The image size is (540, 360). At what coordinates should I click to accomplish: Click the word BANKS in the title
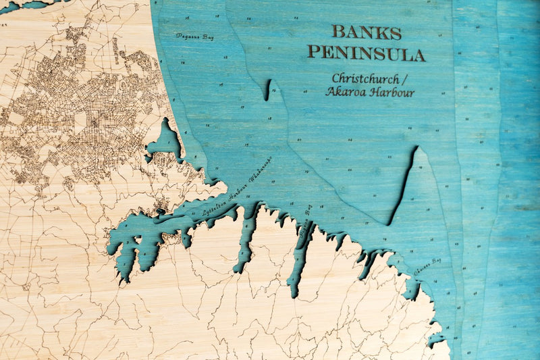[x=367, y=32]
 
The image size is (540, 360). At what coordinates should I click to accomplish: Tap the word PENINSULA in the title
[x=367, y=53]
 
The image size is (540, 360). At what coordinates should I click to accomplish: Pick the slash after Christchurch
[x=408, y=78]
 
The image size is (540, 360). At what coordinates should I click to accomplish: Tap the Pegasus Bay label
[x=195, y=36]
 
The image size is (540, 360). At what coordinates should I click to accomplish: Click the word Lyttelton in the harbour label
[x=215, y=207]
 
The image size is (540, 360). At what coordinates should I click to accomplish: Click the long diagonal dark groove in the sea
[x=402, y=186]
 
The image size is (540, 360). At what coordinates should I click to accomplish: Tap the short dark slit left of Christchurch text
[x=268, y=90]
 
